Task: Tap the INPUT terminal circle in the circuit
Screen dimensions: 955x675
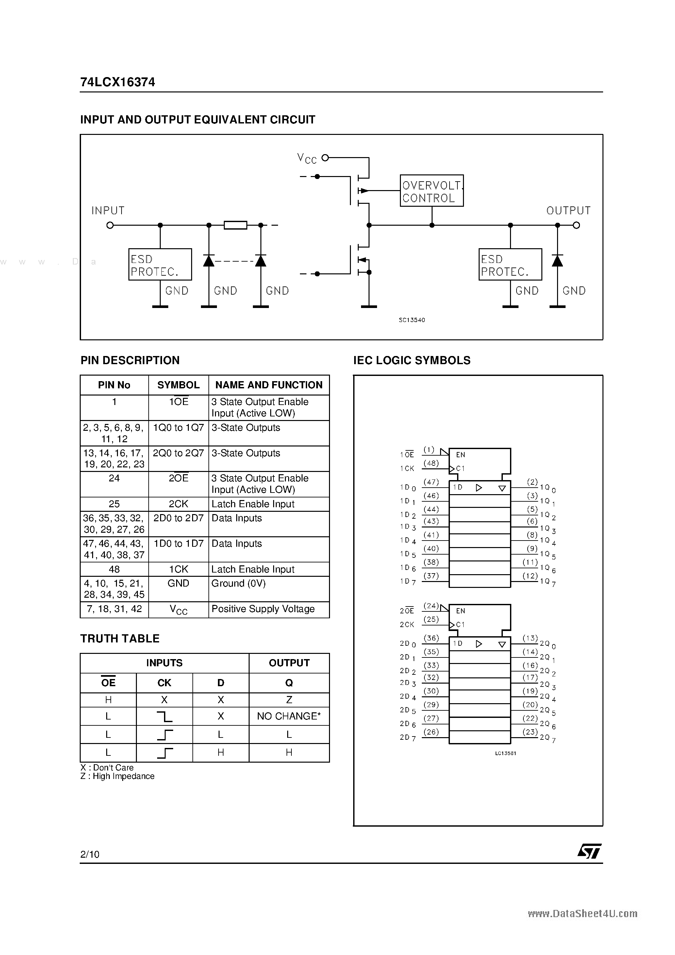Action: pos(110,225)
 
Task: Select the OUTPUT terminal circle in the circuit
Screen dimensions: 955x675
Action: pos(576,225)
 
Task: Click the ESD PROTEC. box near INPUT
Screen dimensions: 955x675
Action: pos(160,265)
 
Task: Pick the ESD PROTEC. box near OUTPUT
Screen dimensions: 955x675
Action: pos(510,265)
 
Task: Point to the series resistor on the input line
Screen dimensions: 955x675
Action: pos(236,225)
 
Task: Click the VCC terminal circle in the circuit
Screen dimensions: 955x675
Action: pos(325,158)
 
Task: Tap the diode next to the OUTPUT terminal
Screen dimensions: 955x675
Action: pos(557,261)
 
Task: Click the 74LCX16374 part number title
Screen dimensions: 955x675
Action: pos(117,82)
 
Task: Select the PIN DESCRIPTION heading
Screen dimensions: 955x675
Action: pos(130,360)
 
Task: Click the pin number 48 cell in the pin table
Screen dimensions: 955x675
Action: pos(114,569)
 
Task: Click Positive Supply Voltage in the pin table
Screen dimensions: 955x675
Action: pos(263,609)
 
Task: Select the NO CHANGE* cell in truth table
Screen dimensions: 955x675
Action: pos(289,716)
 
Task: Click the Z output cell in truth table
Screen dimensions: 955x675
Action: pos(289,700)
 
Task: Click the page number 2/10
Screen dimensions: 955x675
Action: pos(90,854)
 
